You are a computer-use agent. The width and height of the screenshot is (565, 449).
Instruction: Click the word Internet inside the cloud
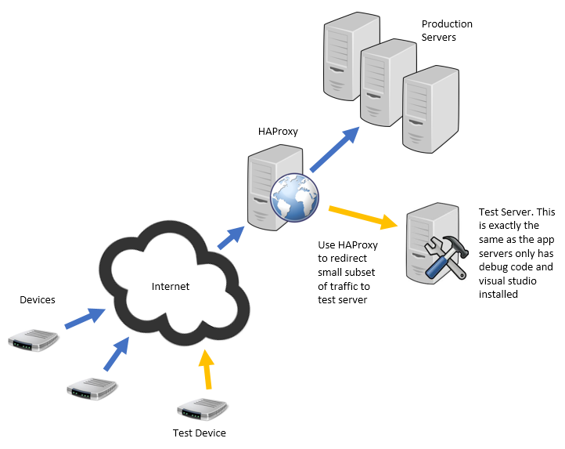pyautogui.click(x=170, y=286)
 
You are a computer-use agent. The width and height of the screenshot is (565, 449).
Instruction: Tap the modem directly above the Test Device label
pyautogui.click(x=202, y=410)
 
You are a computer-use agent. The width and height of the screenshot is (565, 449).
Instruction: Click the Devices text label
pyautogui.click(x=38, y=300)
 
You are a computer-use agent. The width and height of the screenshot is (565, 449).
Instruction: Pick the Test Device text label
pyautogui.click(x=200, y=433)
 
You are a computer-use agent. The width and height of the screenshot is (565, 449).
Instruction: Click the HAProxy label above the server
pyautogui.click(x=277, y=131)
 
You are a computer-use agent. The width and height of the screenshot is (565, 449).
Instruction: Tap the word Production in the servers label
pyautogui.click(x=447, y=24)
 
